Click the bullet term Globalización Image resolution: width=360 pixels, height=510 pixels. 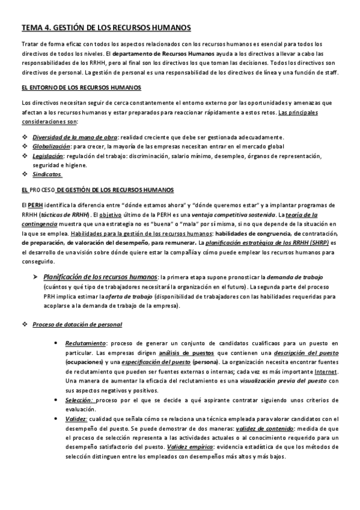click(x=51, y=146)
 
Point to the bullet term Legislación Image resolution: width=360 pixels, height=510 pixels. click(x=48, y=156)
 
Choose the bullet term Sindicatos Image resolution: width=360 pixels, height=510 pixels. click(x=47, y=174)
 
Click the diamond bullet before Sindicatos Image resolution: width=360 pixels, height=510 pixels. click(x=24, y=174)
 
